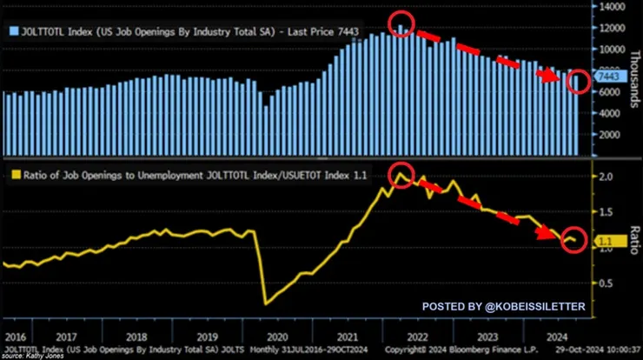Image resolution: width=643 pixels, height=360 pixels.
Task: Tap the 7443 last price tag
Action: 606,77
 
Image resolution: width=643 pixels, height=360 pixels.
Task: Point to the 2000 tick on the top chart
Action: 607,135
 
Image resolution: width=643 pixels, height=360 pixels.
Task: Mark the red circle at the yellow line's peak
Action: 401,174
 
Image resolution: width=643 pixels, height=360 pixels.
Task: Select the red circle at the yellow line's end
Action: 572,240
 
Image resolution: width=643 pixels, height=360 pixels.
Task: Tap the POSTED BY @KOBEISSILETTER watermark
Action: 504,307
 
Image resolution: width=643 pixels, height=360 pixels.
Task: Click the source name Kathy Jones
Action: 35,355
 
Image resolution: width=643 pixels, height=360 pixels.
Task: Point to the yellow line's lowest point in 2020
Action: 265,303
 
